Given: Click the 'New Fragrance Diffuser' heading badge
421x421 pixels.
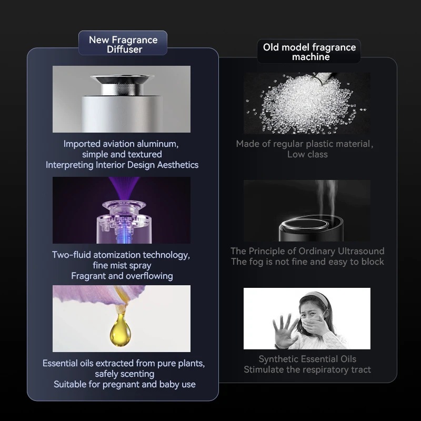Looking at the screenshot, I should click(123, 44).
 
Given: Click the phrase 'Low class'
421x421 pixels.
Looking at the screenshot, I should click(307, 154).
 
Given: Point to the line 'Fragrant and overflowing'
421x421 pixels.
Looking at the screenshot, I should click(122, 276).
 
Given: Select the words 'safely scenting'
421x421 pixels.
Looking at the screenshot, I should click(124, 374).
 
